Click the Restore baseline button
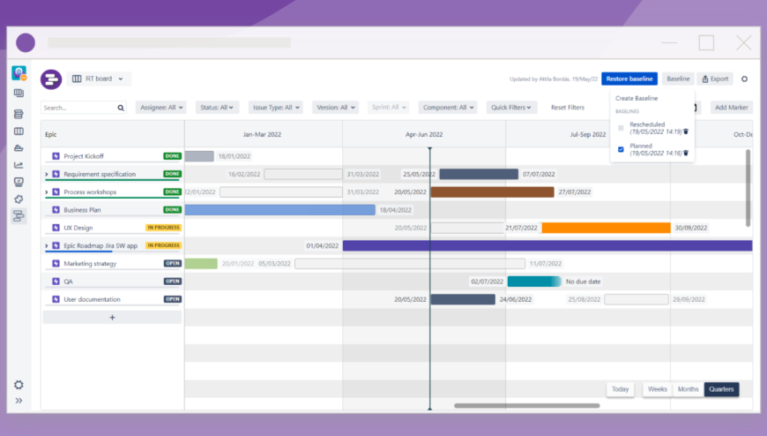click(629, 79)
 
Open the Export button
click(716, 79)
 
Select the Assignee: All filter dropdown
click(161, 108)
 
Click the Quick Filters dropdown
click(512, 108)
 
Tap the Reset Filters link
click(568, 108)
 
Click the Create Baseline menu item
click(637, 98)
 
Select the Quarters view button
click(721, 389)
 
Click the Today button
click(621, 389)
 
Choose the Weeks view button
click(658, 389)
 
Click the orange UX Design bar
click(606, 228)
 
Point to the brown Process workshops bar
click(492, 192)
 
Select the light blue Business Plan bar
click(279, 210)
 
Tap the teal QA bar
click(533, 282)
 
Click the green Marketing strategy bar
click(201, 264)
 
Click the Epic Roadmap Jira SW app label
click(101, 245)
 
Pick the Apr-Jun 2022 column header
click(424, 135)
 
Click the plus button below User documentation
click(112, 317)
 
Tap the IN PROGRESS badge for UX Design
click(163, 228)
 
